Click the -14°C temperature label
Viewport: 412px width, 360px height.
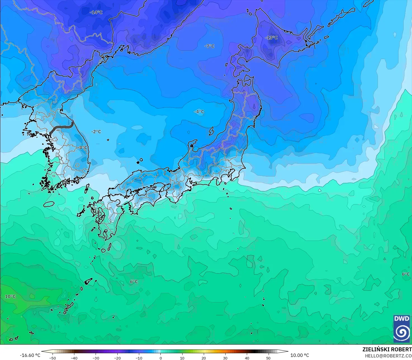coord(96,12)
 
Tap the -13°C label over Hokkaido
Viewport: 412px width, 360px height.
coord(271,37)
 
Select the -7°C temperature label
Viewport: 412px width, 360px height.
coord(209,46)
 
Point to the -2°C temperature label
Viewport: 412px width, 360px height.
coord(96,131)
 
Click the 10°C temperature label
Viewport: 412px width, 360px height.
coord(10,296)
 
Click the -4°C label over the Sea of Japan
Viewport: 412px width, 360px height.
coord(199,111)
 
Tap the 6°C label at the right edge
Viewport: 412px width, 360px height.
coord(406,274)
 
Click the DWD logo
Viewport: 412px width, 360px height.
coord(401,329)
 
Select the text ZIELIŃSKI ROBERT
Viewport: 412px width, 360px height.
coord(387,349)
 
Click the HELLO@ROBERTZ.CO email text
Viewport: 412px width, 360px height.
coord(388,356)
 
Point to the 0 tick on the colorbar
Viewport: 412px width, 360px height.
coord(160,358)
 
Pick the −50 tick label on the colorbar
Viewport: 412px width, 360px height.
coord(52,358)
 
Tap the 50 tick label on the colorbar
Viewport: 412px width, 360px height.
coord(268,358)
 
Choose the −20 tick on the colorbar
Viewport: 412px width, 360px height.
coord(117,358)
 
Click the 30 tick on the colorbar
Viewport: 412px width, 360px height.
coord(225,358)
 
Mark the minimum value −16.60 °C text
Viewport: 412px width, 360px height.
coord(30,355)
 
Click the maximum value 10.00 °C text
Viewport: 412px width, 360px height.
coord(300,355)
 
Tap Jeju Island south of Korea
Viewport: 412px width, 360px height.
coord(49,204)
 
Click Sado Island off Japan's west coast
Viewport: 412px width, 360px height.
coord(211,131)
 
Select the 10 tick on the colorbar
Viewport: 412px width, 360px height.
coord(182,358)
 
